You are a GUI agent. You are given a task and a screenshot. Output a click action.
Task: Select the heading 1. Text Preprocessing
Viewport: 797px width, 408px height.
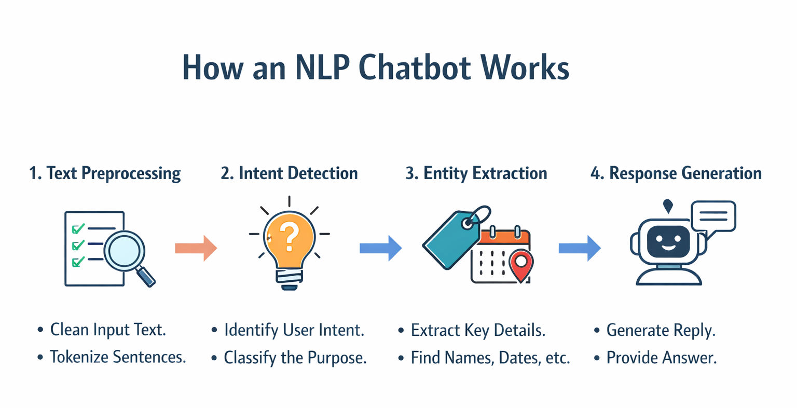105,173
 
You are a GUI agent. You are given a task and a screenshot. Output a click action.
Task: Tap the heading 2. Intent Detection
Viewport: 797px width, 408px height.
289,173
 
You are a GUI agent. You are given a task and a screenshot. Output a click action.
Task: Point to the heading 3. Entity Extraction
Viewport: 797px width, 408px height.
476,173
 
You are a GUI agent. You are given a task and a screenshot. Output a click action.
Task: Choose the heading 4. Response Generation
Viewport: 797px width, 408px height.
676,173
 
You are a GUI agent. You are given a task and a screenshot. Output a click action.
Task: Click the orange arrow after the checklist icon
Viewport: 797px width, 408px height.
196,248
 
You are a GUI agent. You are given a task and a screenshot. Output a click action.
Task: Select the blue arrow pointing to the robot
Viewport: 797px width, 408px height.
579,248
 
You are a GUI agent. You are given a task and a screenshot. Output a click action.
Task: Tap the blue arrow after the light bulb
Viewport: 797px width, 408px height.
380,248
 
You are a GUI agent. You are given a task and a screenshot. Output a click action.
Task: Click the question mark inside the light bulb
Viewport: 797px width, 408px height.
290,237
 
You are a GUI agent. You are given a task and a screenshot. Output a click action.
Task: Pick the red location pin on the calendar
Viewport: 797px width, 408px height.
520,264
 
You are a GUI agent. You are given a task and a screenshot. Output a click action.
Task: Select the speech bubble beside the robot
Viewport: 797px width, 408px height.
713,216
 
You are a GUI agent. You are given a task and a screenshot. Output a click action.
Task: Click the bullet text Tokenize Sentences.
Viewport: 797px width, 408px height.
117,357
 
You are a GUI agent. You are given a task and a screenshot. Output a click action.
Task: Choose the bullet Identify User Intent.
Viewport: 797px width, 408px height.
294,330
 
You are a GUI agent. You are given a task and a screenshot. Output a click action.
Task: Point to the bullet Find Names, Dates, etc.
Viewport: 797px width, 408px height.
490,358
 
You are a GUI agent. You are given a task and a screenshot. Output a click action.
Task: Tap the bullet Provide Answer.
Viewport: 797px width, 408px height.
661,358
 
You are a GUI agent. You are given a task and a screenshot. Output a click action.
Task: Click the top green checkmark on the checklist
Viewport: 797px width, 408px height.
78,228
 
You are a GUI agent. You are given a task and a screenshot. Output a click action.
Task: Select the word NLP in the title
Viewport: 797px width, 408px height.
321,67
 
